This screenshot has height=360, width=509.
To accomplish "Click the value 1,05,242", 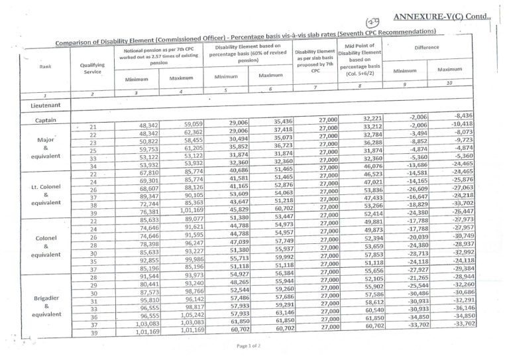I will [187, 316].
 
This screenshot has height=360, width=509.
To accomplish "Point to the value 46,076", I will [372, 165].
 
